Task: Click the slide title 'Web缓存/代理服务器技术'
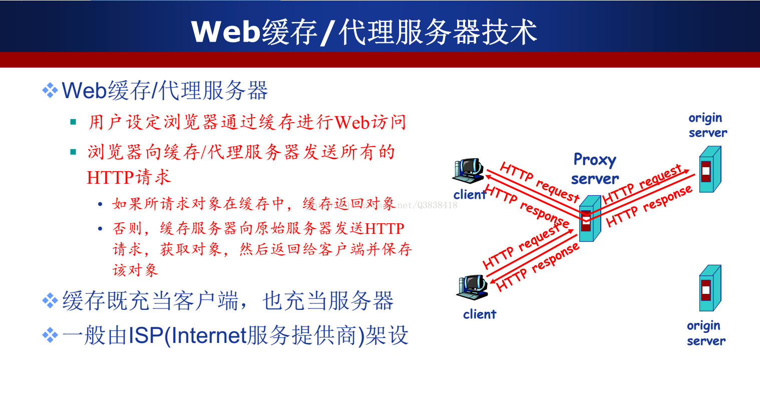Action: (364, 32)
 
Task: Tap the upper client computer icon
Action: (469, 171)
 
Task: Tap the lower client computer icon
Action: (472, 287)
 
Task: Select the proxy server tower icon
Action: (590, 218)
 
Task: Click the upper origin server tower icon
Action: (710, 169)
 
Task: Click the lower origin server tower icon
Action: (710, 288)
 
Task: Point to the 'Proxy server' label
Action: (595, 169)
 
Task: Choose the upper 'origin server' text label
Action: (708, 125)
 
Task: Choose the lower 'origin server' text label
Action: (706, 333)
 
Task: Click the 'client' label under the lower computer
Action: (480, 314)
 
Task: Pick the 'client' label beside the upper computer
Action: (470, 194)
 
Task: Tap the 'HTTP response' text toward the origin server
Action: (649, 206)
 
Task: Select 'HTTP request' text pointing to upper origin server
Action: (642, 184)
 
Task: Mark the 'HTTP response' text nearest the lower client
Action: (537, 267)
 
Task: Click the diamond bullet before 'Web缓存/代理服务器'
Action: (50, 91)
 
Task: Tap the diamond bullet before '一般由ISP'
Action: (50, 335)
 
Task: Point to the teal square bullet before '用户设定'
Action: (73, 122)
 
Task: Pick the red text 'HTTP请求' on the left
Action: (129, 177)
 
